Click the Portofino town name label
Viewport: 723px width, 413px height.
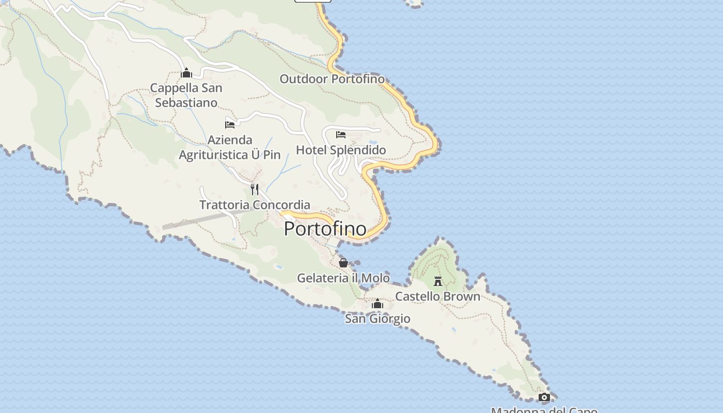325,229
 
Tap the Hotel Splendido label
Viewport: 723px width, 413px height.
341,150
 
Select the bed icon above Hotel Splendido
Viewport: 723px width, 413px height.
341,135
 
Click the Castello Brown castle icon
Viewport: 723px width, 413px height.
438,281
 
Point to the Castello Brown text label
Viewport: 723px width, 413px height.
438,296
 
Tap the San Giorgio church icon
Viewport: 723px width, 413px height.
378,304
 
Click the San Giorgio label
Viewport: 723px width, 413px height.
378,319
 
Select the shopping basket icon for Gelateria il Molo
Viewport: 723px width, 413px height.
343,263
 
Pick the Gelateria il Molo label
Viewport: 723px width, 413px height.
343,278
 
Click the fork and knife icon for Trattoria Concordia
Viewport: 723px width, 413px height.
255,189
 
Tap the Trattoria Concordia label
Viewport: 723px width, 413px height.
255,205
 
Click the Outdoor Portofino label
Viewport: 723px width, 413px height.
332,79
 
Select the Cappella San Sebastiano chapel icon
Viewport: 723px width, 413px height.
186,73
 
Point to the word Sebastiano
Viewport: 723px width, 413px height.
186,103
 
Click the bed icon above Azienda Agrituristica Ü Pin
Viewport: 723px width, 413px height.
230,124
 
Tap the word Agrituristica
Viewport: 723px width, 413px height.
214,155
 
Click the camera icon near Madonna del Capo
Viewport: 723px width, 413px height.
544,397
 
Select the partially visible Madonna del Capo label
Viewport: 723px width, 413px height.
544,410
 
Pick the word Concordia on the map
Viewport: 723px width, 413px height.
282,205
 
